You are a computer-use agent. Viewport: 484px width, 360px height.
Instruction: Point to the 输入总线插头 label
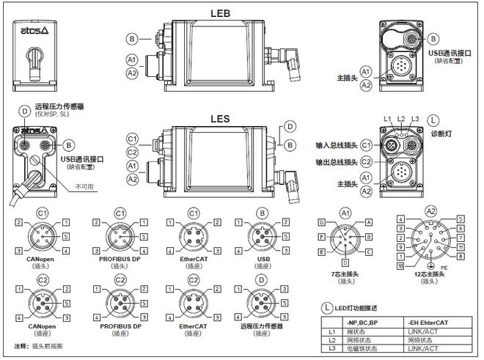click(x=337, y=145)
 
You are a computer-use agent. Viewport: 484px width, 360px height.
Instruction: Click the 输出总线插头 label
click(x=337, y=162)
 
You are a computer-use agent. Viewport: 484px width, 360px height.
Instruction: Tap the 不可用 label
click(x=87, y=187)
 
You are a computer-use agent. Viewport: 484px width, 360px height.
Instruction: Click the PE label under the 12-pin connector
click(x=441, y=268)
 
